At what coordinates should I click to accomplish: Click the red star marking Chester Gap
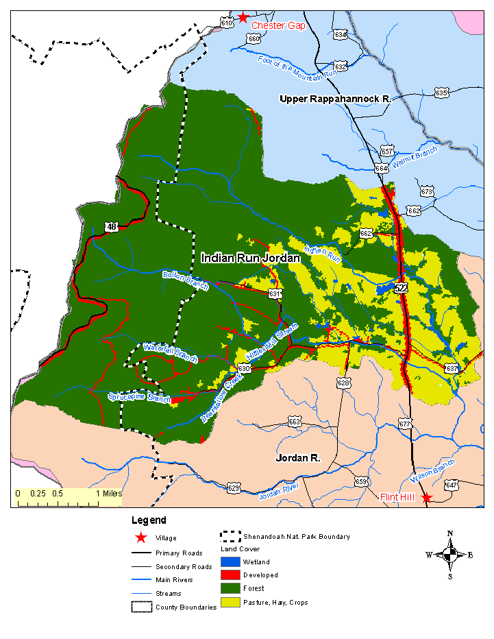pos(243,17)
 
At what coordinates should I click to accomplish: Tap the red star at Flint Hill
pos(427,498)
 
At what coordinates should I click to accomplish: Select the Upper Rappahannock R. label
pos(335,99)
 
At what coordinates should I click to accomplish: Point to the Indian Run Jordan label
pos(251,258)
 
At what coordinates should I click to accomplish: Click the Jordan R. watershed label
pos(298,457)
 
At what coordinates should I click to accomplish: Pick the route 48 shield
pos(112,226)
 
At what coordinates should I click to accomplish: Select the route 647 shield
pos(451,485)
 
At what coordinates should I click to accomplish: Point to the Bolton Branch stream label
pos(185,280)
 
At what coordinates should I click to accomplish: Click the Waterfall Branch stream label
pos(171,352)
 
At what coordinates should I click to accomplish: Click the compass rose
pos(449,554)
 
